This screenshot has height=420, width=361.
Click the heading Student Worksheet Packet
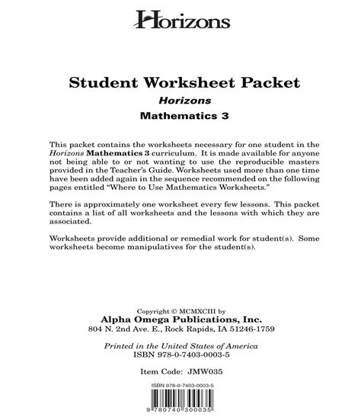pos(180,82)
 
